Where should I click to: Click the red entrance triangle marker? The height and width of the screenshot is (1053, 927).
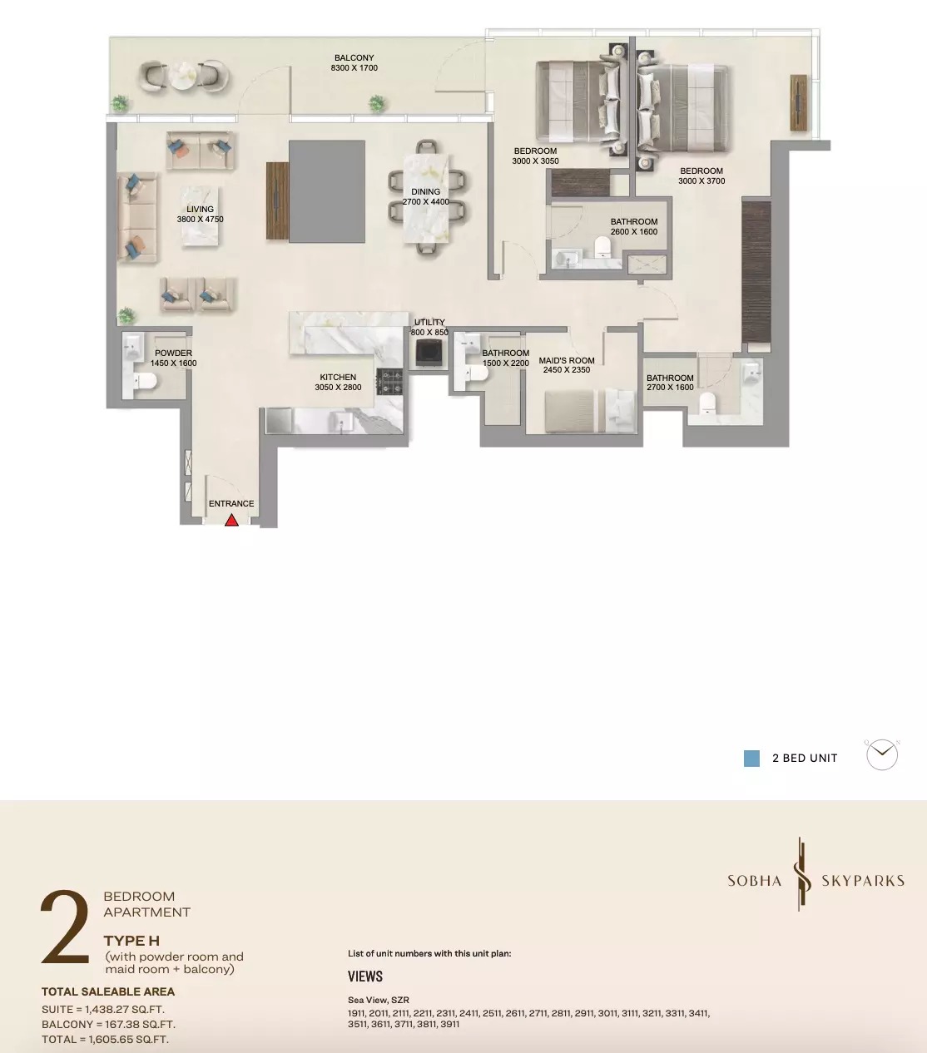click(231, 520)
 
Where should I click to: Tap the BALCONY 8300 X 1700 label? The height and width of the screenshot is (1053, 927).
click(354, 63)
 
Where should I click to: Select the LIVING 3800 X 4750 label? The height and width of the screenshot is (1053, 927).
click(200, 215)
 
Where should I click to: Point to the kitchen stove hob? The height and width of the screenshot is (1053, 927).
click(389, 382)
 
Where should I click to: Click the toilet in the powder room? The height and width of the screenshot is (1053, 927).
click(146, 382)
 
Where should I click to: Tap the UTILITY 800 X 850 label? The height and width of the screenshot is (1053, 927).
click(429, 327)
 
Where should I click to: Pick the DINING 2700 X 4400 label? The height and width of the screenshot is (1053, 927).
click(425, 196)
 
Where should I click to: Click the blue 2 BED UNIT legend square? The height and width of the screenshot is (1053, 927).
click(751, 759)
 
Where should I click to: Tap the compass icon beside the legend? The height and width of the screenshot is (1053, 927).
click(882, 755)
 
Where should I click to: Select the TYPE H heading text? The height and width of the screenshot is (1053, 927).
click(131, 941)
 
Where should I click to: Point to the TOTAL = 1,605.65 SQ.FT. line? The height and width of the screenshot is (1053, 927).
click(105, 1040)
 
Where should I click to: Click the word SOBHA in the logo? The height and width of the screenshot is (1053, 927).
click(754, 881)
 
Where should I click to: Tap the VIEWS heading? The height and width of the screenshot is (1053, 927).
click(365, 976)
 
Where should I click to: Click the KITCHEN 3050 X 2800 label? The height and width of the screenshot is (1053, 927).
click(338, 382)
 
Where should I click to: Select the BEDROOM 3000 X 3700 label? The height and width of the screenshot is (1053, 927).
click(701, 175)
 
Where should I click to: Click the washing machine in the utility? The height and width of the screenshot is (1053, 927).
click(429, 352)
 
